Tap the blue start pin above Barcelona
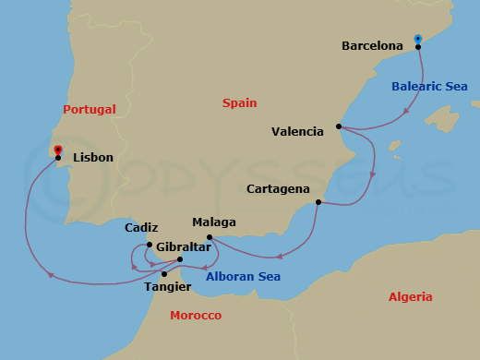click(x=418, y=39)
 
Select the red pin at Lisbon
click(x=58, y=150)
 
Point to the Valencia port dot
click(x=340, y=126)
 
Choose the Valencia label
click(x=297, y=132)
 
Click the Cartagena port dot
click(x=318, y=202)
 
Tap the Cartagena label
click(x=278, y=189)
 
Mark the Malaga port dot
click(x=210, y=238)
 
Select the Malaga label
click(x=214, y=222)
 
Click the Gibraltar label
click(x=183, y=247)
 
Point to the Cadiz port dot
click(x=149, y=245)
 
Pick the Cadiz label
click(x=141, y=228)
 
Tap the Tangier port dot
click(x=164, y=274)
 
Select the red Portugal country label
click(x=90, y=109)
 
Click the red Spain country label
click(x=239, y=103)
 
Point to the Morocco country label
click(x=196, y=316)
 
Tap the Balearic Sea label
click(x=429, y=87)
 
